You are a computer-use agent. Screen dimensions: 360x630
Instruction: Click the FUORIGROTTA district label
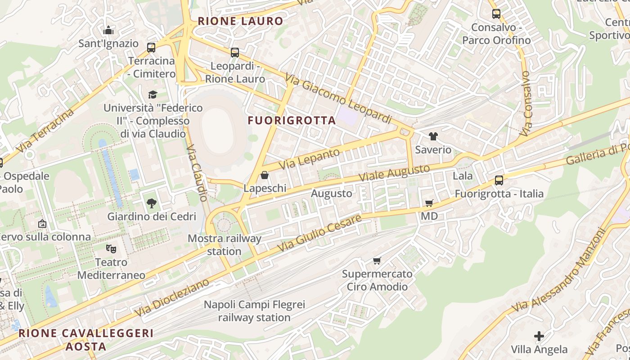[292, 120]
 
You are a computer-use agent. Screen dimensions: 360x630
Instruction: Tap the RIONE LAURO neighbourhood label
[240, 21]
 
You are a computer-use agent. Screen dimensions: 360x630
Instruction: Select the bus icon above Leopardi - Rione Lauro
[234, 53]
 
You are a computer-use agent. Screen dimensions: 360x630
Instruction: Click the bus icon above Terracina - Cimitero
[151, 47]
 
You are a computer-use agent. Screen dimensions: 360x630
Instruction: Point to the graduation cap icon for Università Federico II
[153, 94]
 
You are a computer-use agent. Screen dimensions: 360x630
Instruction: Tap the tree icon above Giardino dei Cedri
[152, 203]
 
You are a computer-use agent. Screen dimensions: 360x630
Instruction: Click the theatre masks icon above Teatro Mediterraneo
[111, 248]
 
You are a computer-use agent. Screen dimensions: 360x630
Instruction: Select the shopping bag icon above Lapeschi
[265, 175]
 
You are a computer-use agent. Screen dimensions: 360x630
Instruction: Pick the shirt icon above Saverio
[433, 136]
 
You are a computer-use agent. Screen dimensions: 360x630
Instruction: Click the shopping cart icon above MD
[429, 203]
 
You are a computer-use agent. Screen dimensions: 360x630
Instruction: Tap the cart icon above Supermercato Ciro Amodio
[377, 261]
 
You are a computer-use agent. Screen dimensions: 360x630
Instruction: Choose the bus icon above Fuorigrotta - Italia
[499, 180]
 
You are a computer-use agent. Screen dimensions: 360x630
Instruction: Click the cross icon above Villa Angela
[539, 336]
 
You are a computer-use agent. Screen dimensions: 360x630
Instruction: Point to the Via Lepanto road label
[309, 159]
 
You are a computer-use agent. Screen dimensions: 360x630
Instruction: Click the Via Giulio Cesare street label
[319, 233]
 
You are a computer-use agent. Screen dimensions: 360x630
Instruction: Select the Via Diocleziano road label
[172, 297]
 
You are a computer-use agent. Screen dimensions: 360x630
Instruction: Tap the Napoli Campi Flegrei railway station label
[254, 310]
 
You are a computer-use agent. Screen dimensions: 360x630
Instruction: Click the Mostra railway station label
[224, 245]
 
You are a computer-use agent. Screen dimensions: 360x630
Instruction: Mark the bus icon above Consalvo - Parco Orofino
[496, 14]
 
